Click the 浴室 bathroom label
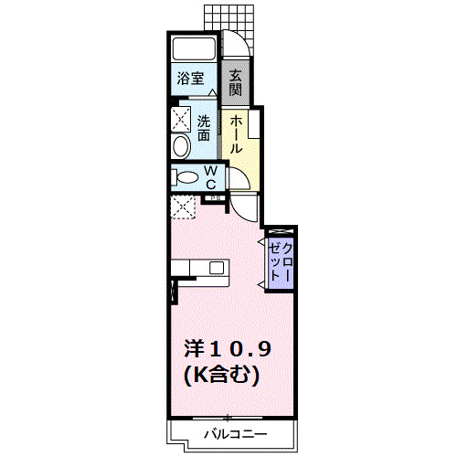[190, 79]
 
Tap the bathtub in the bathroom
[194, 49]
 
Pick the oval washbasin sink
[180, 145]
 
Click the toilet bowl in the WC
[186, 177]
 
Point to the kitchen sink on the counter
[217, 268]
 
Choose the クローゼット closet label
[281, 261]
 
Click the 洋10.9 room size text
[228, 349]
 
